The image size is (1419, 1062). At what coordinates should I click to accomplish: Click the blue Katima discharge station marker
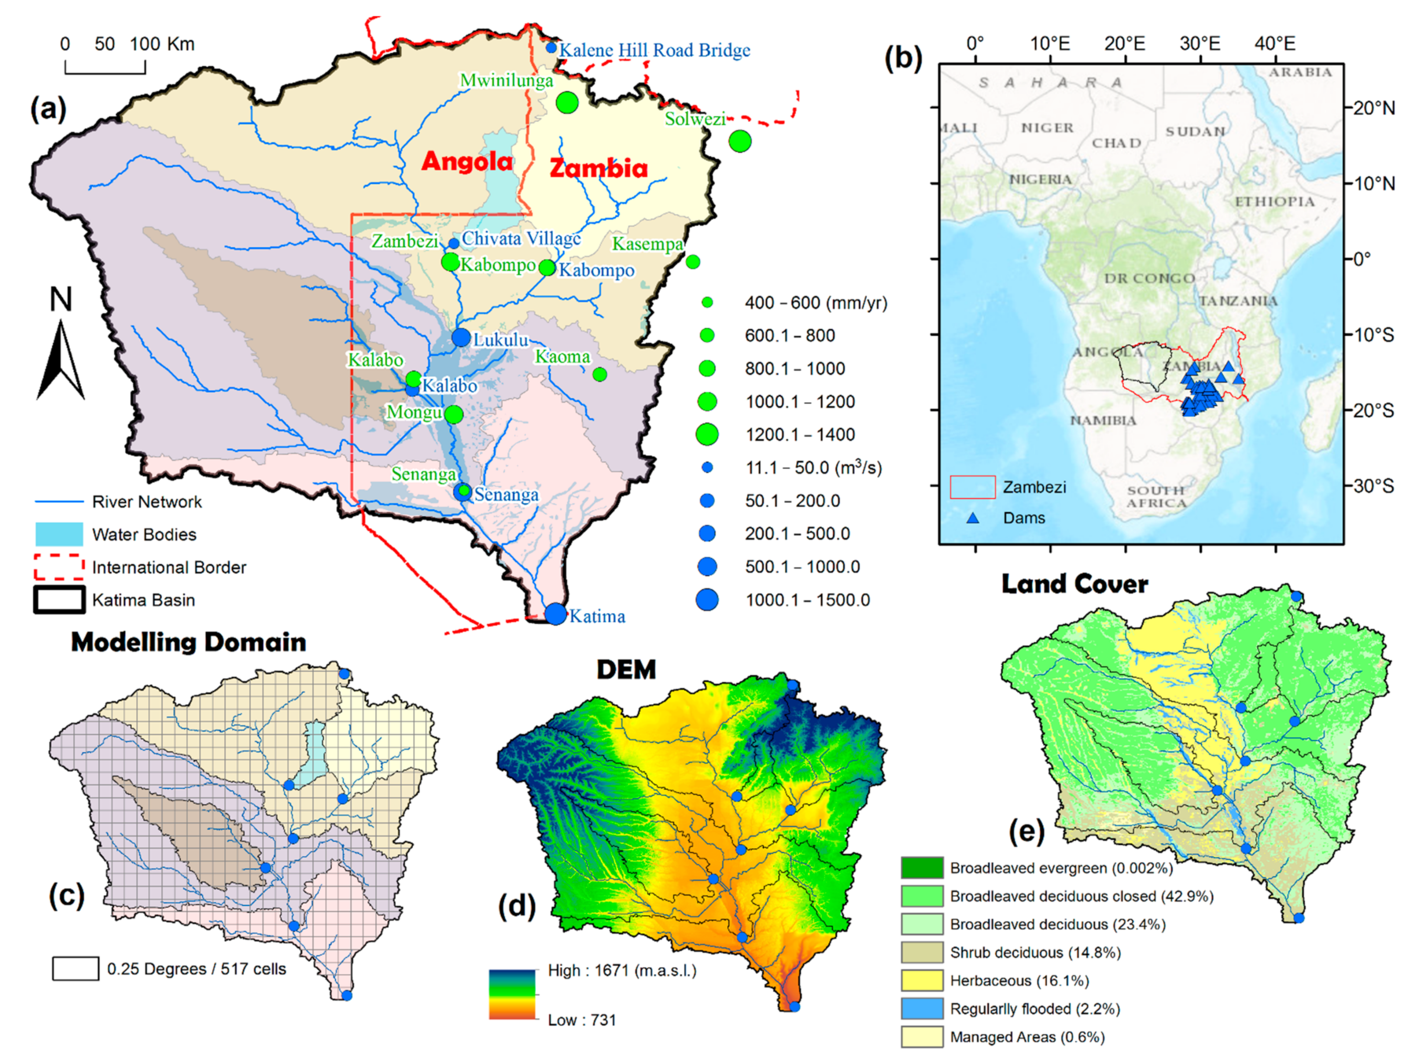556,614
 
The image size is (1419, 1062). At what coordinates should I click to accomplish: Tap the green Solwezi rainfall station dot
740,141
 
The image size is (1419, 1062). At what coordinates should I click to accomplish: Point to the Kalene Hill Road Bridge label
654,50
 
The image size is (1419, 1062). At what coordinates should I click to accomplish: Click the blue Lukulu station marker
461,337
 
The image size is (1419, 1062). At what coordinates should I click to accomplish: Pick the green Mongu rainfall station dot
453,414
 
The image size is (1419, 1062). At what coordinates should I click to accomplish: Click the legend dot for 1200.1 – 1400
707,434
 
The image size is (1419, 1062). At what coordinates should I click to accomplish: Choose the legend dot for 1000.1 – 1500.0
707,600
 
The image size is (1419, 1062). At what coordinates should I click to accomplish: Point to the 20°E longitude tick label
1124,44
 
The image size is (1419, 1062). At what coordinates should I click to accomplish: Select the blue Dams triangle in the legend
973,517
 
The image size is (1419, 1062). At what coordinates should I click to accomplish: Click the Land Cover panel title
1074,584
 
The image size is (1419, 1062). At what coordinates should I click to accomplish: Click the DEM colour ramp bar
512,994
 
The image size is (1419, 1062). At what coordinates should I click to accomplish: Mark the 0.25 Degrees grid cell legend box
76,968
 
